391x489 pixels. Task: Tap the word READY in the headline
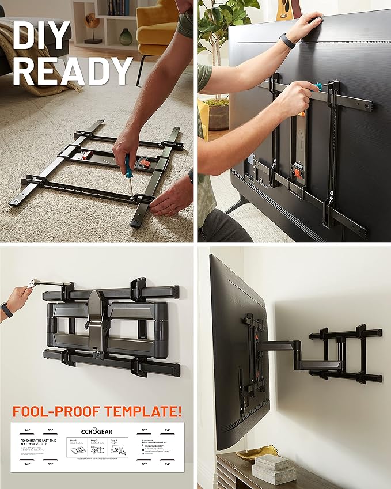tap(73, 72)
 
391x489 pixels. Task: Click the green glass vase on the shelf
tap(126, 36)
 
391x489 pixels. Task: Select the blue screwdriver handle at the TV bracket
tap(317, 87)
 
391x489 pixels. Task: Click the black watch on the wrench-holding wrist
tap(6, 310)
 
